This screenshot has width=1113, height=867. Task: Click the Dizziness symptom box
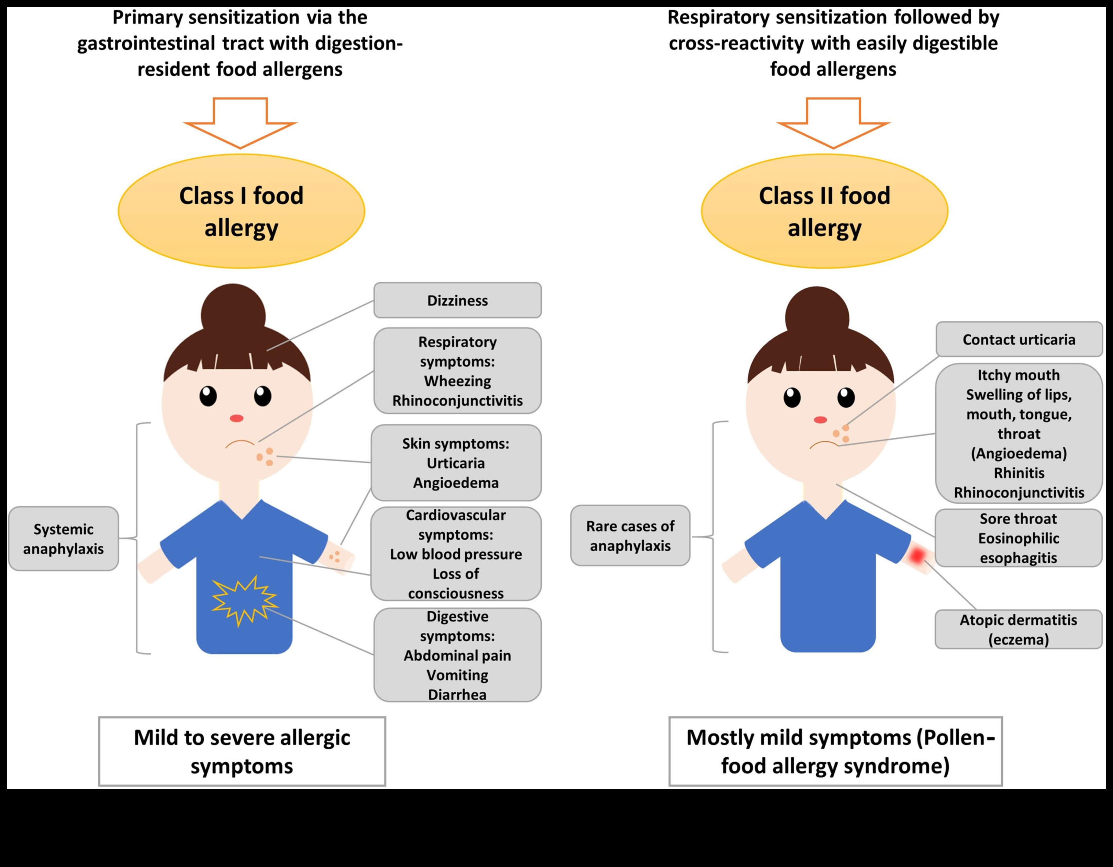click(457, 301)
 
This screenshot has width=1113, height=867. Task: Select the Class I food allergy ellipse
click(241, 211)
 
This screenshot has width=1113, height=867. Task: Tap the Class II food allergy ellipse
click(824, 211)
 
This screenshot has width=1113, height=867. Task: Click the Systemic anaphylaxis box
click(63, 538)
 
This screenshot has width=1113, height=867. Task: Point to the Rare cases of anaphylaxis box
click(630, 536)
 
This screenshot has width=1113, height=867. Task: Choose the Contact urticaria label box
click(1019, 339)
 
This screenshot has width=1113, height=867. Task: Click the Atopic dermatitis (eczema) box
click(1018, 630)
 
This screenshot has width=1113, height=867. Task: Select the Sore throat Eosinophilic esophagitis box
click(1018, 538)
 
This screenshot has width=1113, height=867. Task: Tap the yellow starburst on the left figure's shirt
click(244, 600)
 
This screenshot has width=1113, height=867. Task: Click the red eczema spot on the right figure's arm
click(917, 555)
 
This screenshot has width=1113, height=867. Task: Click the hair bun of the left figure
click(233, 311)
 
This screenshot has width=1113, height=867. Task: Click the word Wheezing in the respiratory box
click(457, 381)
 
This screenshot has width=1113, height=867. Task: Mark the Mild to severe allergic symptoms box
click(242, 751)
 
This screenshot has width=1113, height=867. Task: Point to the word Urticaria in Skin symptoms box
click(456, 463)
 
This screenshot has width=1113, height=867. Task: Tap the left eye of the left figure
click(208, 396)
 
